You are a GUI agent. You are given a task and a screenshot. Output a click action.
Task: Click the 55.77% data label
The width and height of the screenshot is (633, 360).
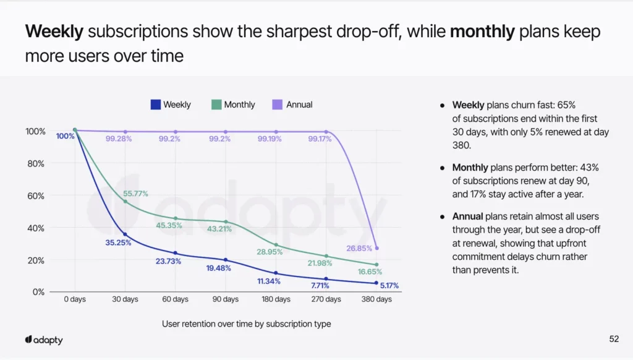(135, 194)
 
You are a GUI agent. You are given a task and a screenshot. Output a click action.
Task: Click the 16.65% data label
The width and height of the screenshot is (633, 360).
(369, 272)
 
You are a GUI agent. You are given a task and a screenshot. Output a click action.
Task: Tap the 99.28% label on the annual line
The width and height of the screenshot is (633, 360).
(119, 139)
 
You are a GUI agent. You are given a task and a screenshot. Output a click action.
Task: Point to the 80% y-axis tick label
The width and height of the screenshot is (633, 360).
(35, 163)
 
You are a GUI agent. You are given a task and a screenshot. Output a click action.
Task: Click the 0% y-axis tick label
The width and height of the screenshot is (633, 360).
(38, 292)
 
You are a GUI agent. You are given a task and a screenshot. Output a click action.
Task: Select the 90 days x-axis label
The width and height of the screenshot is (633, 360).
(226, 299)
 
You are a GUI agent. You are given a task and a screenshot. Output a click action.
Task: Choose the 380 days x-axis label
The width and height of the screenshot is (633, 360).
(376, 299)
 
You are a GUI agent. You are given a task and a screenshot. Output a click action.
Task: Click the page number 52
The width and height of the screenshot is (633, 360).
(614, 339)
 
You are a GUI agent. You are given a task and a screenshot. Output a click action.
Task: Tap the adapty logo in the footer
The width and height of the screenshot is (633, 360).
(44, 340)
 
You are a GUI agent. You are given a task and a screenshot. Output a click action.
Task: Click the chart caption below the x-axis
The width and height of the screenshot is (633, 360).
(246, 324)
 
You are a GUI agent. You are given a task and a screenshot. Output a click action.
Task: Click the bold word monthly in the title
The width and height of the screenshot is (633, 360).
(482, 32)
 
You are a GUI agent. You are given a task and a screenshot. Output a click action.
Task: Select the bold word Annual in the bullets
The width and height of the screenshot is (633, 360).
(467, 216)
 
